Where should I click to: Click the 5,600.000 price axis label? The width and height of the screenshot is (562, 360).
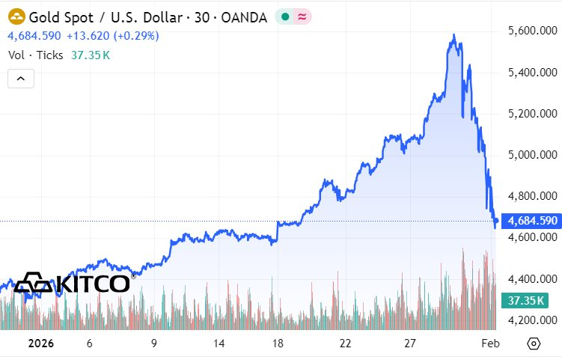click(532, 31)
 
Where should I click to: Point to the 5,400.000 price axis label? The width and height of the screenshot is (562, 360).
click(532, 73)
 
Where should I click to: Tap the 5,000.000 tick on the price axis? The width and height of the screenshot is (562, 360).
click(532, 155)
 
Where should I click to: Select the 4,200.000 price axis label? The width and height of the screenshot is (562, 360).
click(532, 320)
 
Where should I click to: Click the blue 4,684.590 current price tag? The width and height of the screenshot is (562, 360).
click(532, 221)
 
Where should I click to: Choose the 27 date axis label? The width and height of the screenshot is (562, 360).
click(411, 344)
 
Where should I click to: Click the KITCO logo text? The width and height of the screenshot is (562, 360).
click(93, 284)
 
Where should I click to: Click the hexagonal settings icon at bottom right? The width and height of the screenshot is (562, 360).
click(534, 344)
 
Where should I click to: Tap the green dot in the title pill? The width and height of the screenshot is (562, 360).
click(285, 16)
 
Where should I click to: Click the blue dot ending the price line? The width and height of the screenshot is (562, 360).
click(495, 220)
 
